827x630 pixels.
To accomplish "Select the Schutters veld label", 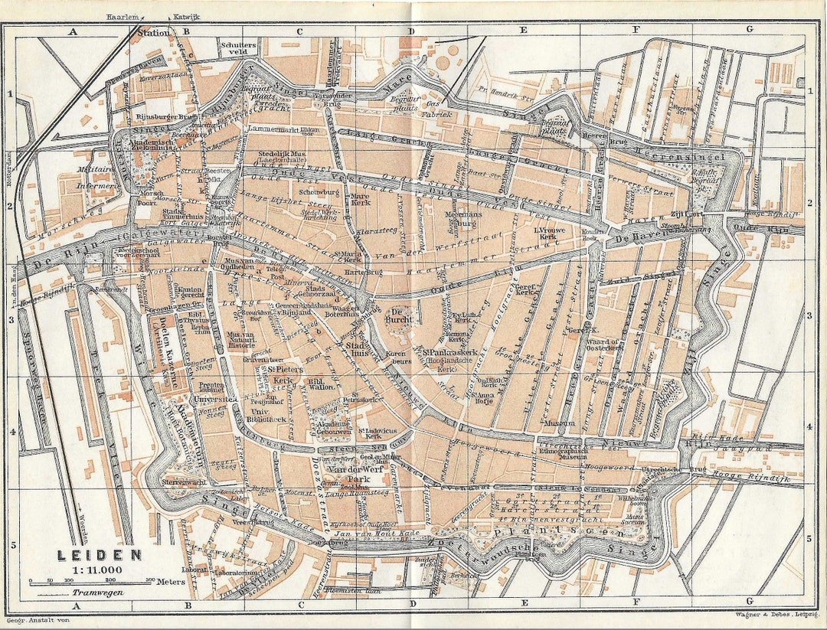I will tap(238, 48).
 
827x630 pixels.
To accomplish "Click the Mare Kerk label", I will tap(359, 200).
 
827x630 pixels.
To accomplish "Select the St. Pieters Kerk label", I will tap(283, 374).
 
